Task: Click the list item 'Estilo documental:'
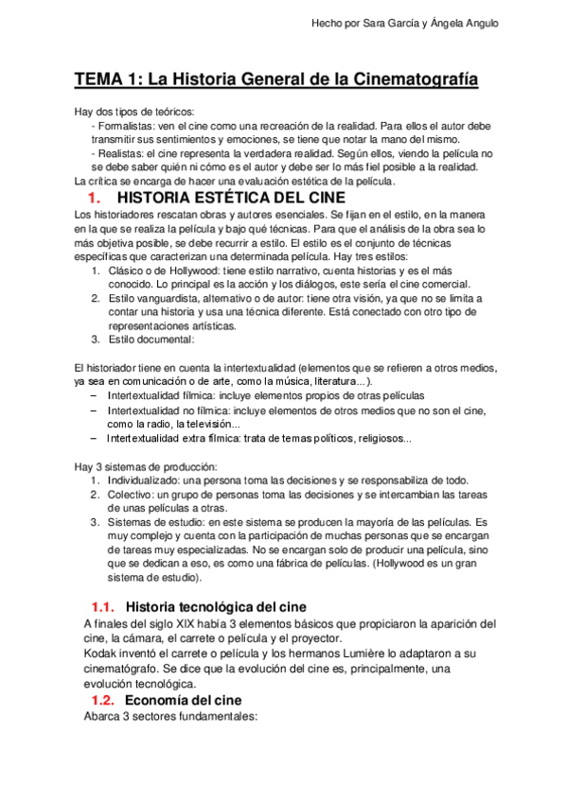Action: (x=151, y=339)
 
